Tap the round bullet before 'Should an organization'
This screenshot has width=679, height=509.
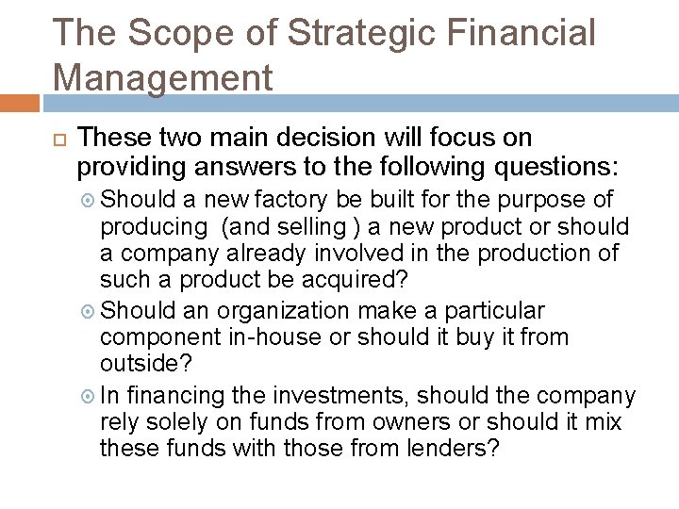point(90,309)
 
